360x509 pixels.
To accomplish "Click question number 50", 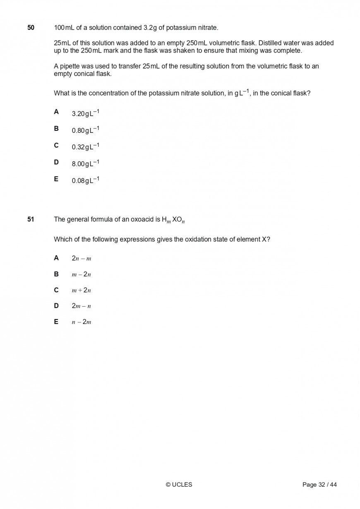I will click(31, 28).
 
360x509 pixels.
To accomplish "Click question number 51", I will click(31, 219).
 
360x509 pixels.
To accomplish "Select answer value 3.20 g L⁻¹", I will click(85, 113).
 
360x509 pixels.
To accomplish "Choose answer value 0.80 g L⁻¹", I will click(85, 130).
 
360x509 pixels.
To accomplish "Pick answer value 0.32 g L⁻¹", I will click(85, 146).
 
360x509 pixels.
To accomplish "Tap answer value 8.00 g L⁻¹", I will click(85, 163).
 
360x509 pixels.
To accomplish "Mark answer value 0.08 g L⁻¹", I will click(85, 180).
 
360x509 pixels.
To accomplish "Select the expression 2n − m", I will click(81, 258).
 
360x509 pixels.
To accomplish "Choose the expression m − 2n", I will click(81, 274).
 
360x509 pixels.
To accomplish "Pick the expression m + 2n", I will click(81, 290).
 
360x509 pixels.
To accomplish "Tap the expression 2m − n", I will click(81, 306).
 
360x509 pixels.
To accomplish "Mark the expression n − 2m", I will click(81, 322).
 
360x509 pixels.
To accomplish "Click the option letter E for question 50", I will click(56, 179).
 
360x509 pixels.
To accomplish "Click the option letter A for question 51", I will click(56, 258).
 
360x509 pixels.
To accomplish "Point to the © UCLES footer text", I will click(179, 485).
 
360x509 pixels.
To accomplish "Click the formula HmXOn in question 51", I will click(173, 220).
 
